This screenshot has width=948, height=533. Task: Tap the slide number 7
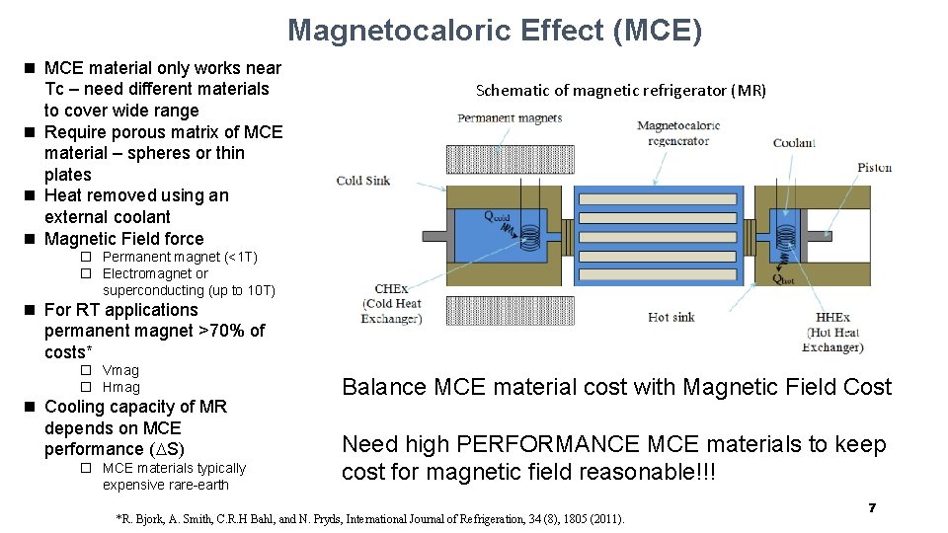coord(872,507)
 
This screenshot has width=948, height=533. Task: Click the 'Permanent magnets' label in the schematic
coord(510,118)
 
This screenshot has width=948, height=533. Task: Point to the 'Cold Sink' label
coord(362,181)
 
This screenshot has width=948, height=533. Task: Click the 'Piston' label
coord(874,167)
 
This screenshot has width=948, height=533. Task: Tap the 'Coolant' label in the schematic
coord(794,142)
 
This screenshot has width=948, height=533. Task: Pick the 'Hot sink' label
coord(671,317)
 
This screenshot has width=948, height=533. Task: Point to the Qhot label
coord(784,279)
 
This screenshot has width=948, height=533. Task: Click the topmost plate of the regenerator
coord(656,198)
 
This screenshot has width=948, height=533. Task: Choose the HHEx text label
coord(832,318)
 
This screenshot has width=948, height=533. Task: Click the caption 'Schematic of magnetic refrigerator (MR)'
coord(620,90)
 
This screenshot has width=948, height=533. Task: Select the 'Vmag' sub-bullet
coord(120,370)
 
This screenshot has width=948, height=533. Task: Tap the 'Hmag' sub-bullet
coord(120,387)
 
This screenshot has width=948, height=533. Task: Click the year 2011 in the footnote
coord(603,518)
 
